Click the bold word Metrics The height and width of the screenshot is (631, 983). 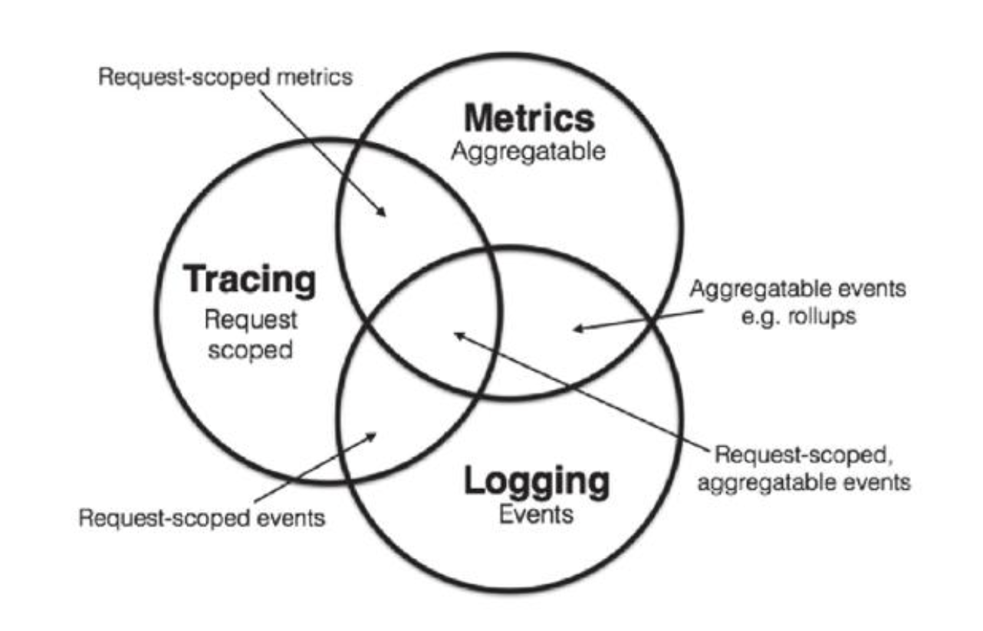click(x=528, y=119)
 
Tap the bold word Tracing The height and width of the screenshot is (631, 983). click(x=250, y=281)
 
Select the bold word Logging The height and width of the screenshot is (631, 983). click(x=537, y=482)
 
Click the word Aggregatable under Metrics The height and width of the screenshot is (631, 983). click(x=528, y=151)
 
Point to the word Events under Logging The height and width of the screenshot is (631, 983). click(x=536, y=514)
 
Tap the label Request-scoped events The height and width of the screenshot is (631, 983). click(x=202, y=517)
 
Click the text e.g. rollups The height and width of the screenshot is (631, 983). click(x=798, y=315)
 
